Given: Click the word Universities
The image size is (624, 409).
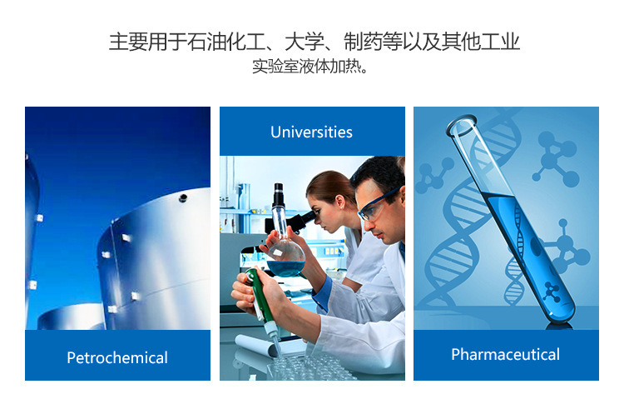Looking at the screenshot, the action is pos(311,132).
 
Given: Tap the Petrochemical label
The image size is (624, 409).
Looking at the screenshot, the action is pos(117,357).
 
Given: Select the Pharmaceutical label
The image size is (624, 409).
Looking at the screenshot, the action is pos(505,354).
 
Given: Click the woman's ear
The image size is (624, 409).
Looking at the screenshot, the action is pos(340,202).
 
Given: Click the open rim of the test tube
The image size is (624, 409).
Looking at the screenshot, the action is pos(461,125).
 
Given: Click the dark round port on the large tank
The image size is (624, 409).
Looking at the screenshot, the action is pos(183,197).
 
